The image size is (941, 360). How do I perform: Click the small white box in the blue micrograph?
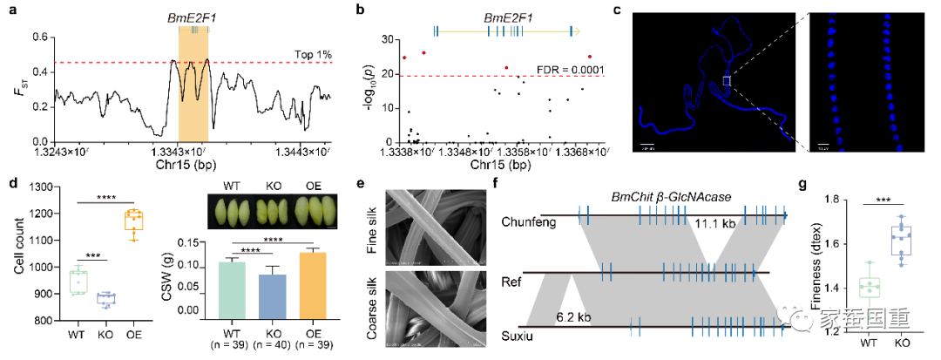pyautogui.click(x=726, y=81)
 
